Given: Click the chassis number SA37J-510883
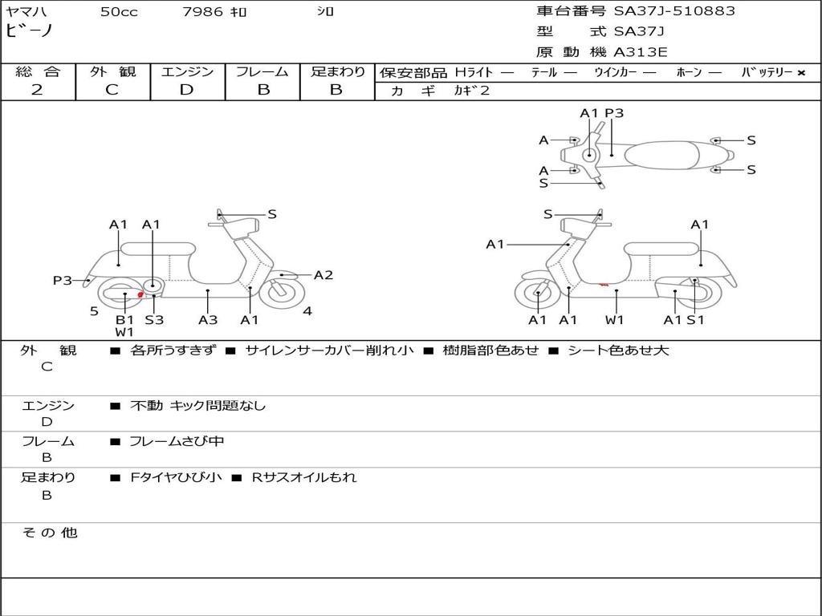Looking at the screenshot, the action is click(674, 11).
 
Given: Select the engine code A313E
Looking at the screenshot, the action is click(641, 53).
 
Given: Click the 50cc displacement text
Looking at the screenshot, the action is click(119, 12).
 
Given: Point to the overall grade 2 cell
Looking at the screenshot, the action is click(37, 90).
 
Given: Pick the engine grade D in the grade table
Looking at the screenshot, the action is click(186, 90).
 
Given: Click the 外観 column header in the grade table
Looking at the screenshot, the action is click(112, 72).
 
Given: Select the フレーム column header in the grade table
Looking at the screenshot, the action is click(262, 72).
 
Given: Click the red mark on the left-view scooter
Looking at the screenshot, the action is click(141, 295).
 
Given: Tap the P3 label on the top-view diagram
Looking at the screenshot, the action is click(614, 113).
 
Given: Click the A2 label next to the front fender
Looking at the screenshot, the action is click(323, 275).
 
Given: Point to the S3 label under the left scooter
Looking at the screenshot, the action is click(154, 320).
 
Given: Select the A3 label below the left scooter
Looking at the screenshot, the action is click(208, 320).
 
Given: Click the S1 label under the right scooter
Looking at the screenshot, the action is click(695, 320).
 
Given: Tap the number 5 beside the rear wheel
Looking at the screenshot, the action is click(94, 311).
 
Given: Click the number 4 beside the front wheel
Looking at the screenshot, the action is click(307, 311).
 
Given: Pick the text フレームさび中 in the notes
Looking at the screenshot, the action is click(177, 441).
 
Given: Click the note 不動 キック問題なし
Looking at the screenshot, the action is click(197, 406).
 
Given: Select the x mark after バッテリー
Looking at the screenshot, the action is click(800, 73).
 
